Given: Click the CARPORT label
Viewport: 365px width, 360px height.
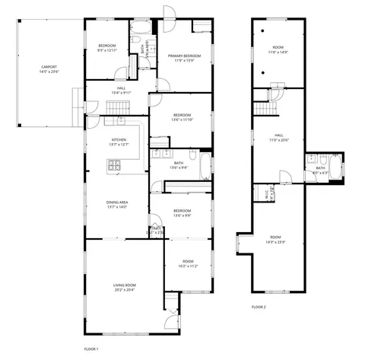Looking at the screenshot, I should click(48, 70).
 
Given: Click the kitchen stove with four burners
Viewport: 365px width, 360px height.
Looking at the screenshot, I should click(115, 164).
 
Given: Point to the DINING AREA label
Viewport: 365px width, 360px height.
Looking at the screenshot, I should click(117, 203).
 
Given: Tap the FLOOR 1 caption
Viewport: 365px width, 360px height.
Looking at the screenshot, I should click(91, 349).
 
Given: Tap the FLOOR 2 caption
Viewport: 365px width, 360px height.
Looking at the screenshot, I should click(259, 307).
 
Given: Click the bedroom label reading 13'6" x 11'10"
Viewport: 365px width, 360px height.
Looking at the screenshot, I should click(182, 117).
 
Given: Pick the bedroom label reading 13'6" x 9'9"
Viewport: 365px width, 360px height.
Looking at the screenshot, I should click(182, 212).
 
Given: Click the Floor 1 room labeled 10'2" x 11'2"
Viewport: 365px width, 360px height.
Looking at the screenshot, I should click(188, 263).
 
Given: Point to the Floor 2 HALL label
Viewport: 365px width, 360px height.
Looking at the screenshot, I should click(278, 138).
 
